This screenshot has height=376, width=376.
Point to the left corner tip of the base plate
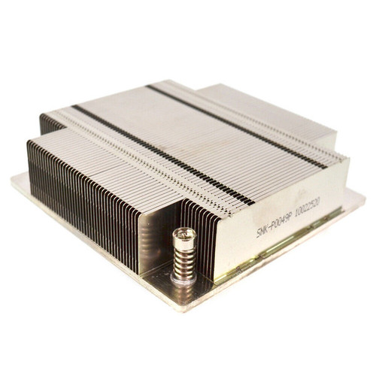[13, 178]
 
